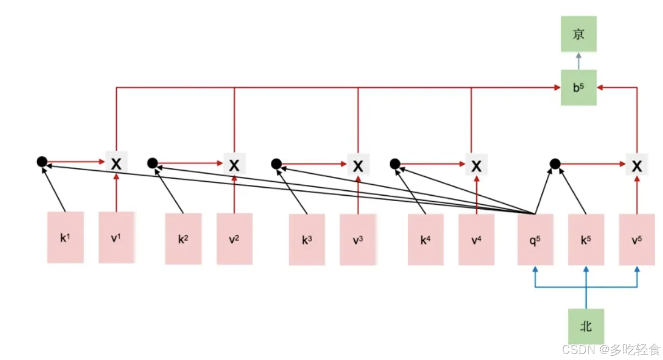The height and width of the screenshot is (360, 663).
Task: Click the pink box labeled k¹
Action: (x=65, y=237)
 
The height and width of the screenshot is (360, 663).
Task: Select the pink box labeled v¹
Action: (x=116, y=237)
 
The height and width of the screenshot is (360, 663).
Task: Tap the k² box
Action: (x=183, y=238)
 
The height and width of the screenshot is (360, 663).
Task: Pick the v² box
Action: (x=234, y=238)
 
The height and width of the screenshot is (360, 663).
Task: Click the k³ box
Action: (x=307, y=239)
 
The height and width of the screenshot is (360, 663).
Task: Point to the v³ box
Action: (x=357, y=239)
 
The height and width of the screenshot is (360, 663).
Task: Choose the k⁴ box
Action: (x=426, y=239)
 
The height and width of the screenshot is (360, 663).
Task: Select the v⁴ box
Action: (x=476, y=239)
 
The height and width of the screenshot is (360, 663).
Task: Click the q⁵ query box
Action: (x=535, y=239)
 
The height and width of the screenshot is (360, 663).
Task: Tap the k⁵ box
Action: (x=586, y=239)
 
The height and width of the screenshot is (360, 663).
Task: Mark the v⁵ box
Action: (x=637, y=239)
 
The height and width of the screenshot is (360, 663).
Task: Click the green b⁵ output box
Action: (x=578, y=87)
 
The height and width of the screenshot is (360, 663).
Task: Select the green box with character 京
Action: (x=578, y=35)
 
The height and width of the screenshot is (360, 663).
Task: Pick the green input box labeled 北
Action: (x=586, y=326)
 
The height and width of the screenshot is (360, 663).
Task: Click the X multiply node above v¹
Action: (x=116, y=163)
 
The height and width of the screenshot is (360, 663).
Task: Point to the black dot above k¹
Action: (x=42, y=161)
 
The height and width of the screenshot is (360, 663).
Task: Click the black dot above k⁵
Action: (x=554, y=163)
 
